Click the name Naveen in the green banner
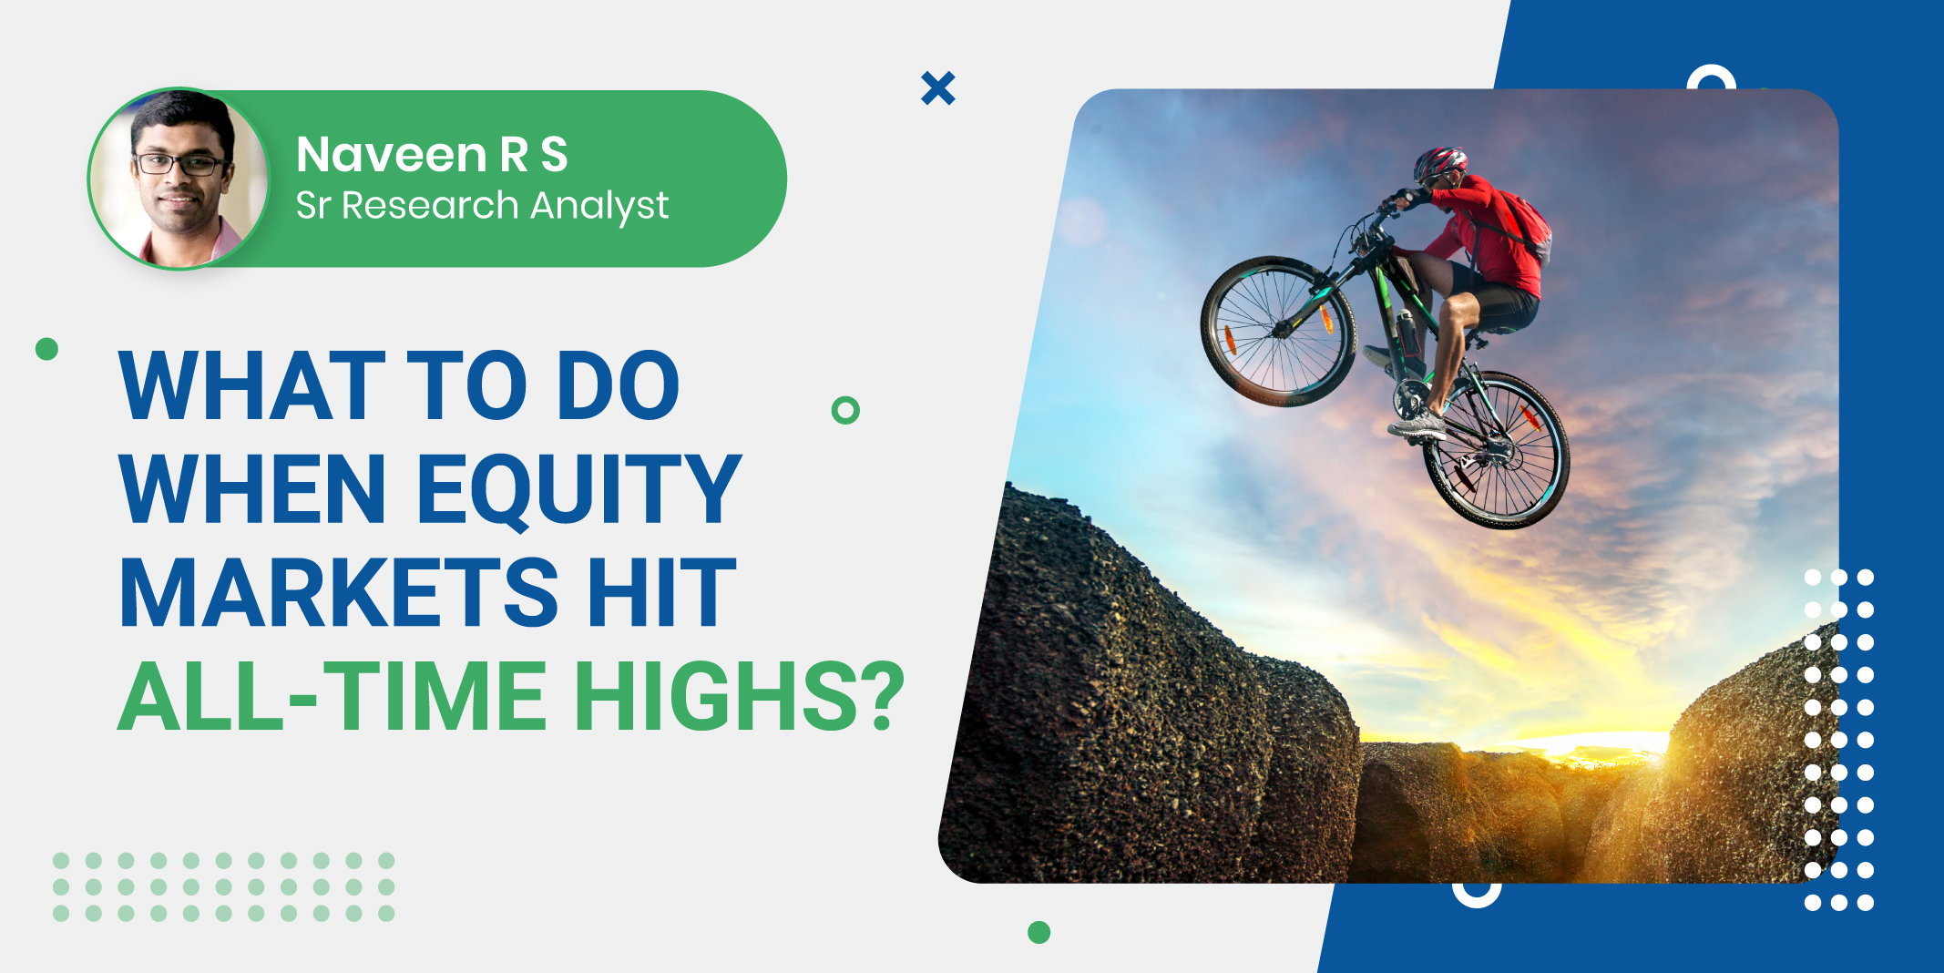(x=392, y=154)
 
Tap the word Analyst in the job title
(x=599, y=207)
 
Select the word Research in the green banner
(x=430, y=205)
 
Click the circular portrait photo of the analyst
(x=179, y=179)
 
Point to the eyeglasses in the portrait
(x=179, y=164)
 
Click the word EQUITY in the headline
(x=579, y=490)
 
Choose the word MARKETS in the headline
(x=339, y=593)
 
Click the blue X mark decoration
(x=938, y=88)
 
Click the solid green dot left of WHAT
(x=46, y=349)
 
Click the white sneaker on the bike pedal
(x=1417, y=425)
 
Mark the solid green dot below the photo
(x=1039, y=932)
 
